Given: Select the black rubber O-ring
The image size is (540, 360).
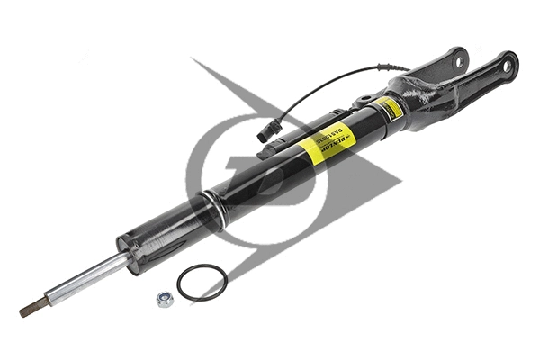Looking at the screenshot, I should point(202,282).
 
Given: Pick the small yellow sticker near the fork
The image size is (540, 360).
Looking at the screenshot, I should point(390,108).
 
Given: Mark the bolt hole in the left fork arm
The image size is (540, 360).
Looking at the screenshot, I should point(459,61).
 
